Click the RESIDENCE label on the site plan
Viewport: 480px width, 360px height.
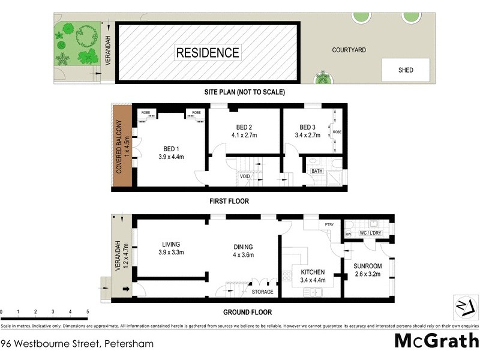(x=208, y=52)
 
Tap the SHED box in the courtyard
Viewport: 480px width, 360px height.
(x=406, y=70)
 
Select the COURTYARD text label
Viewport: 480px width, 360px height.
(x=349, y=50)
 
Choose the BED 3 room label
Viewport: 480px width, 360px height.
(x=307, y=127)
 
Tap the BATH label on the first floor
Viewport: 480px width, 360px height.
(x=316, y=172)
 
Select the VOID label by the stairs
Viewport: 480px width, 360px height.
(x=245, y=177)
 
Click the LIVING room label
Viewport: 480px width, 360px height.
(x=171, y=244)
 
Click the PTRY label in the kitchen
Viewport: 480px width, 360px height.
(x=329, y=225)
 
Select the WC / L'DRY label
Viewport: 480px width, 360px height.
(x=369, y=233)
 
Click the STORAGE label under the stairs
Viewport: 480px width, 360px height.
(x=262, y=292)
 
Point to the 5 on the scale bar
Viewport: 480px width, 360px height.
(x=88, y=312)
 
